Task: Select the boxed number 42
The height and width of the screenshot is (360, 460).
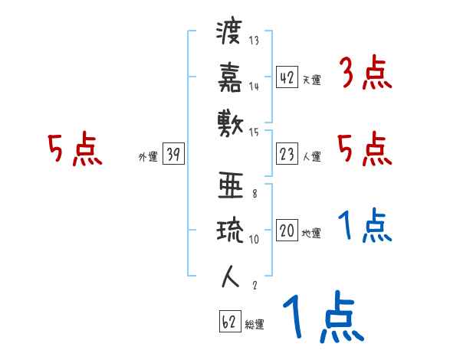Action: click(287, 77)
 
